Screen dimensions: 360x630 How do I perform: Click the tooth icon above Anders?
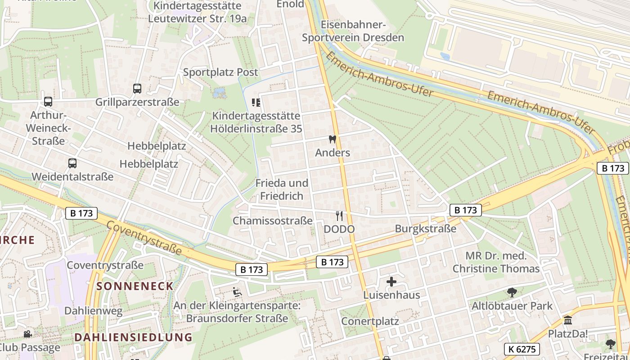click(x=333, y=139)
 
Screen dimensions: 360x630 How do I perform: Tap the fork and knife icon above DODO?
click(x=339, y=216)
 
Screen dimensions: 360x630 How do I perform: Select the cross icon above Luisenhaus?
click(x=391, y=282)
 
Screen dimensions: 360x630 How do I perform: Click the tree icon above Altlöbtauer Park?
click(x=512, y=292)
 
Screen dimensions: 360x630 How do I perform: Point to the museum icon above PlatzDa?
click(x=568, y=321)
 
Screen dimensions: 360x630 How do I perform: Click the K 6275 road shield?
click(x=522, y=349)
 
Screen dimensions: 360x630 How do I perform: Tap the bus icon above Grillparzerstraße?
click(x=137, y=89)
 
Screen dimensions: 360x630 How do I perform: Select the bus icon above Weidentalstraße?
click(x=72, y=163)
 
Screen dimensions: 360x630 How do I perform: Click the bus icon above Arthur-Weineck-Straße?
click(x=48, y=102)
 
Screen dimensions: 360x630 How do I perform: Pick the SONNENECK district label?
click(x=135, y=286)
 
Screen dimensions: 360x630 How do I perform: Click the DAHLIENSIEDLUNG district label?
click(x=133, y=337)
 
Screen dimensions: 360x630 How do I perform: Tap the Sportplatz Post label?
click(x=220, y=72)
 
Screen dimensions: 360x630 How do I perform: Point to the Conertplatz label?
click(x=370, y=321)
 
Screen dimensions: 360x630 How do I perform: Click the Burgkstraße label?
click(x=425, y=229)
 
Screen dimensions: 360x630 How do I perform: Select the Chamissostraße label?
click(x=272, y=221)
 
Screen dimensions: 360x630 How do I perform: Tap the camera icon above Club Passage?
click(x=27, y=334)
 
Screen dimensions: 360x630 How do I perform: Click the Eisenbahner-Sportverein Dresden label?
click(x=353, y=31)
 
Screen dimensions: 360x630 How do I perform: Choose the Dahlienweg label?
click(x=93, y=310)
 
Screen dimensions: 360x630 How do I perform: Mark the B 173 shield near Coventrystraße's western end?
click(x=81, y=213)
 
